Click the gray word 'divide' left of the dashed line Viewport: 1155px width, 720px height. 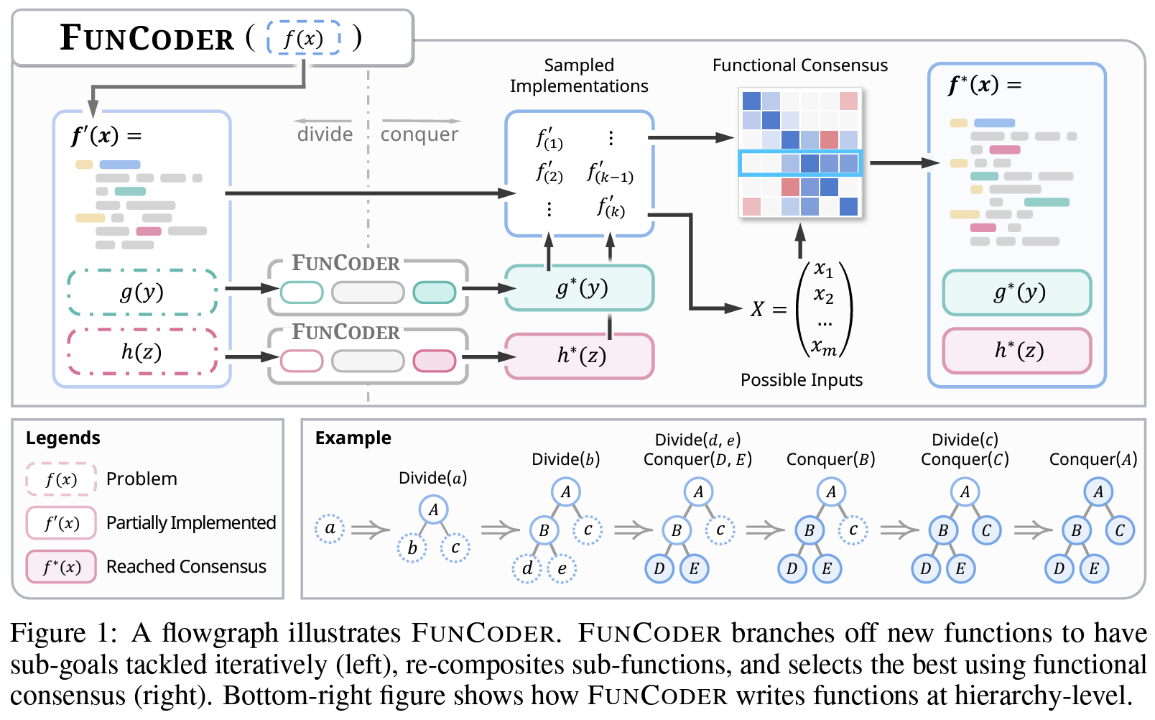coord(325,134)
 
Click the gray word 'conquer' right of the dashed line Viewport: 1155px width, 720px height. coord(419,134)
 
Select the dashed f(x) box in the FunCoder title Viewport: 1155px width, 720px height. coord(303,38)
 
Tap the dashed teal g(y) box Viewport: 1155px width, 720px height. coord(142,292)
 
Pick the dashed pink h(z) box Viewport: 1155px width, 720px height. coord(142,352)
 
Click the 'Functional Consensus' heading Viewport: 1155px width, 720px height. coord(799,65)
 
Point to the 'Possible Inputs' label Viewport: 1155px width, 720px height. coord(801,380)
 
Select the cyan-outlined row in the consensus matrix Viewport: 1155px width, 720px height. coord(799,163)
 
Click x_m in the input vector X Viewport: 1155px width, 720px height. coord(823,349)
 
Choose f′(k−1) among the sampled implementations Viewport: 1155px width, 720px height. coord(610,172)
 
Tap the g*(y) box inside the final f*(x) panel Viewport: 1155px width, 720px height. coord(1017,292)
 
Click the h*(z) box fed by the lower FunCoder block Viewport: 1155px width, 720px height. coord(580,356)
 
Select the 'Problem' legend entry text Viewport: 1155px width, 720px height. coord(142,479)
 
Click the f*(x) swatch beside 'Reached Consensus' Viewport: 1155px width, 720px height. coord(61,567)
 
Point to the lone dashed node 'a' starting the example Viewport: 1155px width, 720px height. coord(330,529)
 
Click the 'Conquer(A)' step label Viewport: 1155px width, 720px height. coord(1093,460)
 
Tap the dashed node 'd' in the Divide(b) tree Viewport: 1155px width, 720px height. coord(527,569)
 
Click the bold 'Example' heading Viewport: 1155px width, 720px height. coord(353,438)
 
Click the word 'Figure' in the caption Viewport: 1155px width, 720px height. coord(47,633)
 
